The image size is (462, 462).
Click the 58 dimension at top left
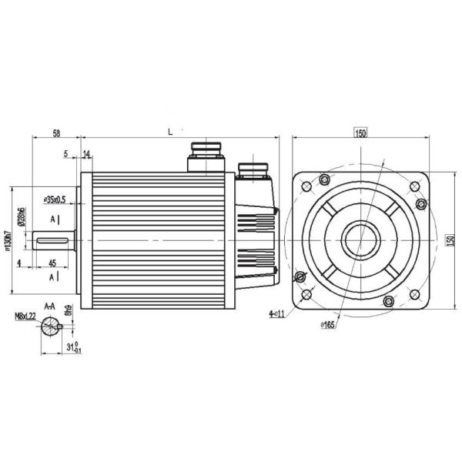tap(57, 132)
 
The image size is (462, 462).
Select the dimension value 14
tap(85, 155)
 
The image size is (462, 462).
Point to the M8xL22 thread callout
tap(26, 316)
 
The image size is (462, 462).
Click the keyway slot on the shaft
tap(51, 245)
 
